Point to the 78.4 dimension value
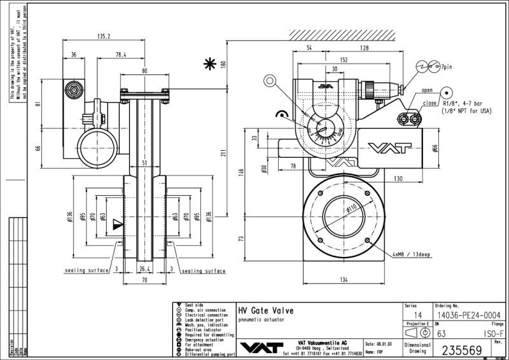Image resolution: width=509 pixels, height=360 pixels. pos(121,55)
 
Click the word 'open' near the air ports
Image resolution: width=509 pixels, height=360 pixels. pos(427,90)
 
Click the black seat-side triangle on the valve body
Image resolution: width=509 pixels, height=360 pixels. pos(116,224)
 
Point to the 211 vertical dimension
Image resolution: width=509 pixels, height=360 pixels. pos(222,153)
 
